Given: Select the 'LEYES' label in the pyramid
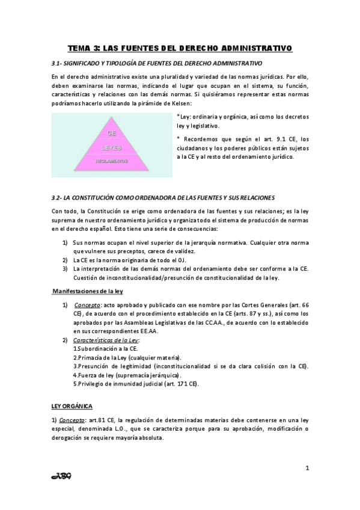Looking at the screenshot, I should coord(111,147).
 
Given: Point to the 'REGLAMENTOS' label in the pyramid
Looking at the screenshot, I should coord(111,161).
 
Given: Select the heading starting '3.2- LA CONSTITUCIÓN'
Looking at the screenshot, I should coord(163,197).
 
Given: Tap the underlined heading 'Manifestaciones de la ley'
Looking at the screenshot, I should coord(88,290).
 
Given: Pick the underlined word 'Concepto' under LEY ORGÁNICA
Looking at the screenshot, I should coord(72,420).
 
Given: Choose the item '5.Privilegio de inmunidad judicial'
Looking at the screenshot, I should coord(135,383).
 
